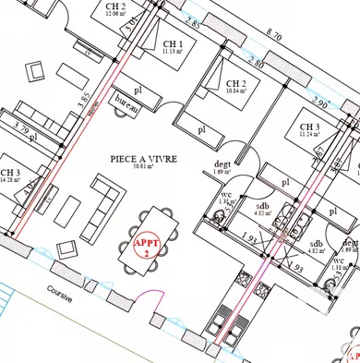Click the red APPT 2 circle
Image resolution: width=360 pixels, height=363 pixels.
(147, 247)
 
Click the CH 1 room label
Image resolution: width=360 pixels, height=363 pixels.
(174, 46)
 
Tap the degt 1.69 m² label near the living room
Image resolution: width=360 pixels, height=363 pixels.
(221, 167)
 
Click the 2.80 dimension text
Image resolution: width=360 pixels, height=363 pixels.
(256, 64)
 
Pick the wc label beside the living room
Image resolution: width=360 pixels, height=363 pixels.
(225, 195)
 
